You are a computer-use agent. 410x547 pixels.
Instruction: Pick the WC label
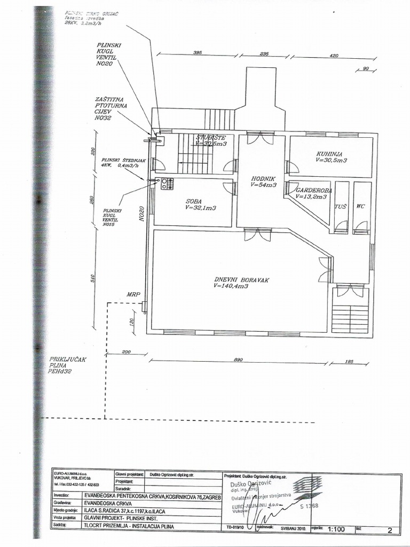pyautogui.click(x=361, y=206)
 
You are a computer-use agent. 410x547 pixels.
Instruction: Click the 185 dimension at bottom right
pyautogui.click(x=350, y=361)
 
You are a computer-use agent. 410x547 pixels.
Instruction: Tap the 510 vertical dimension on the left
pyautogui.click(x=92, y=278)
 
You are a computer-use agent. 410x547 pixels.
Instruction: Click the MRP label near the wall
pyautogui.click(x=133, y=294)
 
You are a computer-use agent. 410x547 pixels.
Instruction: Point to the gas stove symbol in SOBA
pyautogui.click(x=167, y=184)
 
